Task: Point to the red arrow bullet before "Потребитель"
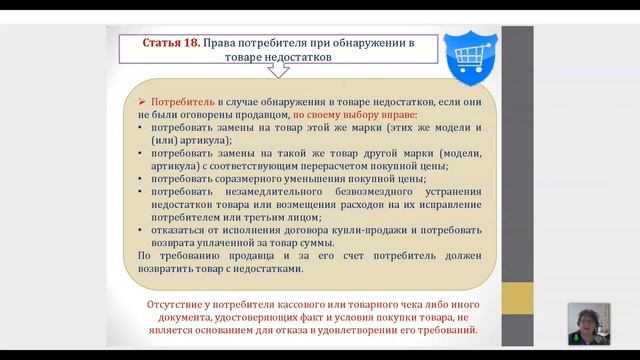tap(143, 103)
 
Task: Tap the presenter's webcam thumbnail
tap(588, 323)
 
